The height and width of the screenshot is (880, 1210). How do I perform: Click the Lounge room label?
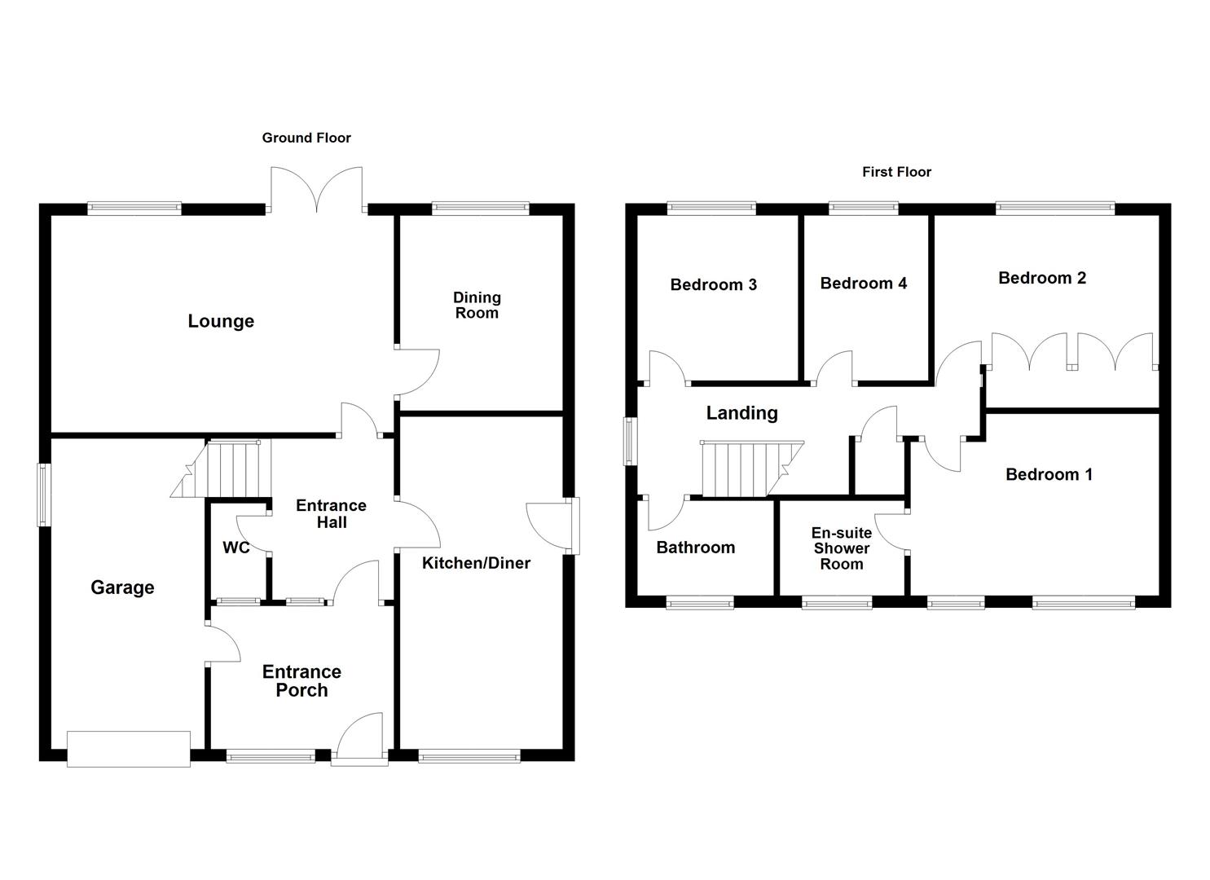tap(221, 321)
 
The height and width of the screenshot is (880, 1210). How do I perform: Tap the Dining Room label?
tap(477, 305)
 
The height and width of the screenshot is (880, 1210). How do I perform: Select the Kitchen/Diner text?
tap(476, 563)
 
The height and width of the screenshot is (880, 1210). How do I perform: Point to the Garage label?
tap(122, 587)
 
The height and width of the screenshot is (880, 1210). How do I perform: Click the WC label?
tap(236, 548)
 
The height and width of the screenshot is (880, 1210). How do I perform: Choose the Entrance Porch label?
tap(301, 680)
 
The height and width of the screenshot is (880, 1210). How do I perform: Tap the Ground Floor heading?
tap(306, 138)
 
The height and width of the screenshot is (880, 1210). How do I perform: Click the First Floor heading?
tap(896, 172)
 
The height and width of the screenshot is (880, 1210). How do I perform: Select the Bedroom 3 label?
tap(713, 284)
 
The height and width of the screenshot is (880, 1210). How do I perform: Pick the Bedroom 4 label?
tap(863, 284)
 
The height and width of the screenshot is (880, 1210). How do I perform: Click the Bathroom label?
tap(695, 548)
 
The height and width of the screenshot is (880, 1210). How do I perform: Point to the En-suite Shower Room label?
tap(842, 548)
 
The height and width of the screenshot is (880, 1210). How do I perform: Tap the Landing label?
tap(741, 413)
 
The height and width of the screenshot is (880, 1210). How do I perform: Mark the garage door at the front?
tap(129, 749)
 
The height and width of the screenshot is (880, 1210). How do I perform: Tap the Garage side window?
tap(44, 495)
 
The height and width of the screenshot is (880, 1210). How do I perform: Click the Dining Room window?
tap(481, 209)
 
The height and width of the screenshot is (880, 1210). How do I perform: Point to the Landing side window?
tap(631, 442)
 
